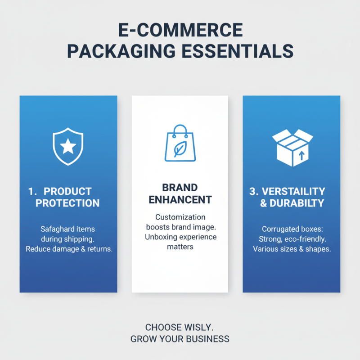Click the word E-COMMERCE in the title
[x=180, y=31]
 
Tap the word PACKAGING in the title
[x=119, y=51]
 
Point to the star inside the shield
[x=68, y=145]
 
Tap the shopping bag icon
[x=180, y=143]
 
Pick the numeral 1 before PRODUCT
[x=31, y=191]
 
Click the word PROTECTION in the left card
[x=67, y=203]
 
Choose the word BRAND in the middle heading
[x=180, y=188]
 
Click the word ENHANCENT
[x=180, y=199]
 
